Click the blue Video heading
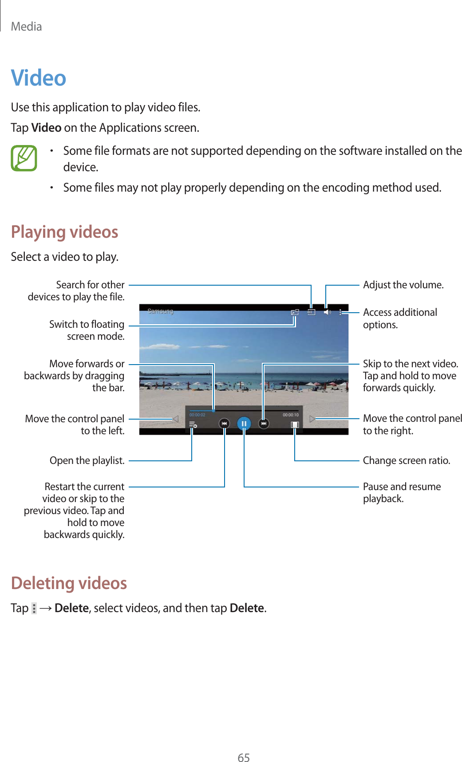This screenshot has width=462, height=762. (x=39, y=78)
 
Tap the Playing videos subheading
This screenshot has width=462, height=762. (x=64, y=232)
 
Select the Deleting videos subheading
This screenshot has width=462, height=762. (x=69, y=583)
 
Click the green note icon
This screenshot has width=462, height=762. (x=24, y=158)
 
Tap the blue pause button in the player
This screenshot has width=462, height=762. (x=244, y=424)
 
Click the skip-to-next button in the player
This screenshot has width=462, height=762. (x=264, y=424)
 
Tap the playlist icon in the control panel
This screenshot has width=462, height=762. (x=193, y=424)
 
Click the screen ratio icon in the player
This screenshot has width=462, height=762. (x=295, y=424)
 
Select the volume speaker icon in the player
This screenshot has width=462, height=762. (x=327, y=312)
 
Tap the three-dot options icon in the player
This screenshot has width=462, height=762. (x=340, y=312)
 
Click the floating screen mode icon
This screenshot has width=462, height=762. (x=295, y=312)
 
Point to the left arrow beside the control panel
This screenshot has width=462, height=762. (x=176, y=419)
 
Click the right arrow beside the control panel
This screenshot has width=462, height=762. (x=312, y=419)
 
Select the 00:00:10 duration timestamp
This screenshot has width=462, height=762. (x=291, y=415)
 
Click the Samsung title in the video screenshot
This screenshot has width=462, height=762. (x=160, y=311)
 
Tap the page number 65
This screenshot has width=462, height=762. (x=244, y=758)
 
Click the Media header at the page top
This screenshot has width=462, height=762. (x=27, y=27)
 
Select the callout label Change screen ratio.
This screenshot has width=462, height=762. (x=406, y=460)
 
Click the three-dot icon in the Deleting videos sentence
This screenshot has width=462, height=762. (x=34, y=608)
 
